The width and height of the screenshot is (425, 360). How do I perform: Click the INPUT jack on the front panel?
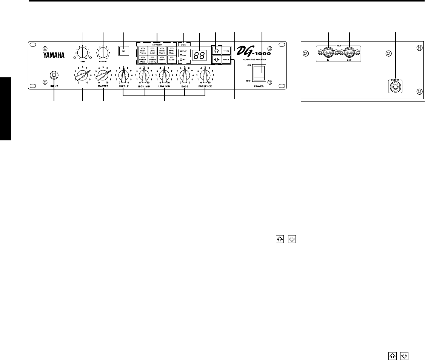(x=54, y=75)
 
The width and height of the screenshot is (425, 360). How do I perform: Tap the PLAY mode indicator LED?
(x=182, y=51)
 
